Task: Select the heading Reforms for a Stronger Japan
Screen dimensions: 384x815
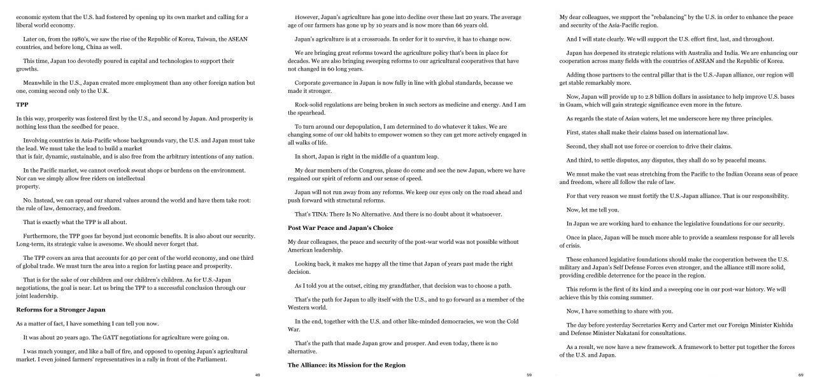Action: point(60,309)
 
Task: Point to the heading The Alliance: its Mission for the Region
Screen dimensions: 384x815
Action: point(346,365)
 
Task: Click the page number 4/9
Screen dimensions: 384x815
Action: point(257,375)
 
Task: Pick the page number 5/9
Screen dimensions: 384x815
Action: point(529,375)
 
